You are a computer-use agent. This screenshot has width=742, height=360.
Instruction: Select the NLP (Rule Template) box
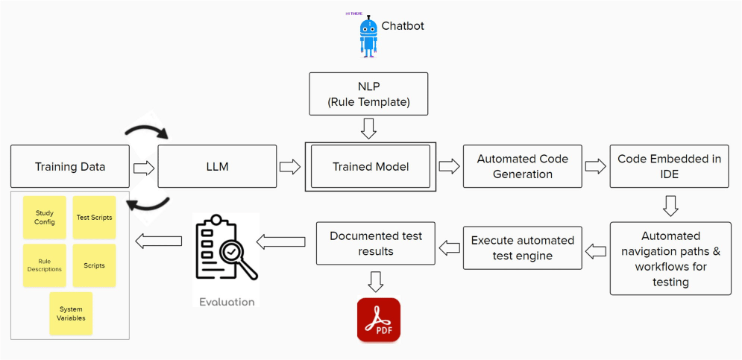(x=368, y=94)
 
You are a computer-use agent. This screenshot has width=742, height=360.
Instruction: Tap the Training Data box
(x=70, y=166)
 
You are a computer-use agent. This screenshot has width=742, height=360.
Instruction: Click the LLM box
(x=217, y=166)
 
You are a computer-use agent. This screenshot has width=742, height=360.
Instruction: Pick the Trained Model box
(x=371, y=166)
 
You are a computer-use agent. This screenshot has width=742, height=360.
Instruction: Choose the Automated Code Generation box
(x=523, y=166)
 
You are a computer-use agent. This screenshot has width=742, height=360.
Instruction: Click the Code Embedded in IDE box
(x=670, y=166)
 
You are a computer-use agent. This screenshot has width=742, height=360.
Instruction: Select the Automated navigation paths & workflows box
(x=670, y=259)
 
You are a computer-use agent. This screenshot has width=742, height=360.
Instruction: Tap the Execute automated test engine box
(x=523, y=248)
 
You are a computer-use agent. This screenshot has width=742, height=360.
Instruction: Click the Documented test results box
(x=376, y=243)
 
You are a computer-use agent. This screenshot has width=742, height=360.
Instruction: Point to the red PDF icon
(x=379, y=319)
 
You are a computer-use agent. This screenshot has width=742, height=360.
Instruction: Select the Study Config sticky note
(x=45, y=218)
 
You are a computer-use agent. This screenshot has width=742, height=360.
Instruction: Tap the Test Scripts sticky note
(x=94, y=218)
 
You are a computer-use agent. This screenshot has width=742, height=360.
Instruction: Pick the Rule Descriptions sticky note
(x=45, y=265)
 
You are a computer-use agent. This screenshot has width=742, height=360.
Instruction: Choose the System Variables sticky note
(x=71, y=314)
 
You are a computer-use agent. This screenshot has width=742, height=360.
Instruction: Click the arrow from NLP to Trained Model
(x=368, y=128)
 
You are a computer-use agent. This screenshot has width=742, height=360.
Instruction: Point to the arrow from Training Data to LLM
(x=144, y=167)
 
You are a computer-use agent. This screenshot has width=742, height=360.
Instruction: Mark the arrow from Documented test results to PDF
(x=376, y=281)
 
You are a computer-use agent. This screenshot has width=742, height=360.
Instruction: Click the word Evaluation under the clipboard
(x=227, y=302)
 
